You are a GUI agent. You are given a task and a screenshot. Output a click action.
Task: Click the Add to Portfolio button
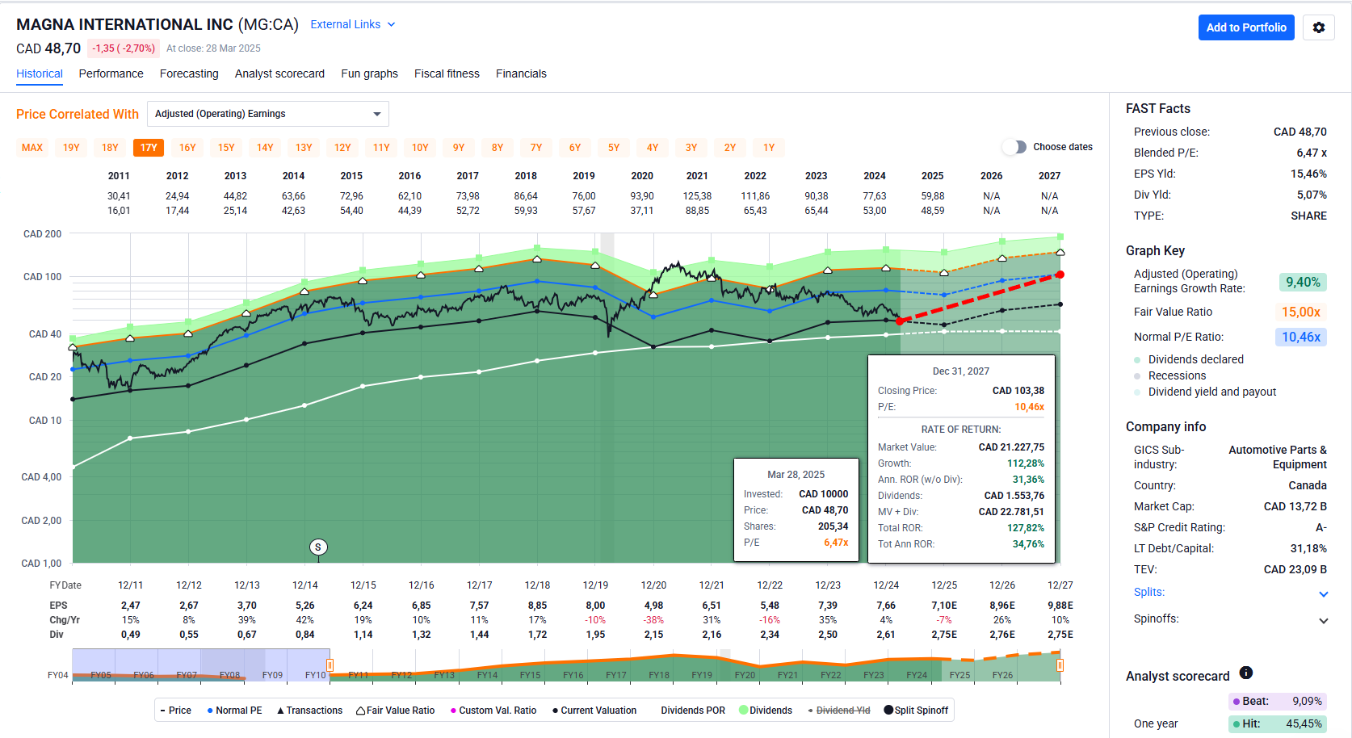1246,27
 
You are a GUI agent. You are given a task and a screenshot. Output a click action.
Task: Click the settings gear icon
1319,27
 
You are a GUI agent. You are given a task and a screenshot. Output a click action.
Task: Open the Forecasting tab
189,73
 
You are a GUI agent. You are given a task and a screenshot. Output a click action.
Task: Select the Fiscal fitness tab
447,73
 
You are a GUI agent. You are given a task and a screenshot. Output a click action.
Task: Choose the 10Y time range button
420,148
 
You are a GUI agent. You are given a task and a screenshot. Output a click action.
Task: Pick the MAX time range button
32,148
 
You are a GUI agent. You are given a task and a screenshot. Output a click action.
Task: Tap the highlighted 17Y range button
149,148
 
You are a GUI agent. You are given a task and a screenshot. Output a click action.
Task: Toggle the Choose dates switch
1014,147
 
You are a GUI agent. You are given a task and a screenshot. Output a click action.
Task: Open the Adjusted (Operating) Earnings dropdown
268,114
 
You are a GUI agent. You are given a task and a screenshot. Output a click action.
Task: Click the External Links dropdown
353,24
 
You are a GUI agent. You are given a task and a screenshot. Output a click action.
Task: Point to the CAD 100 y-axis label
43,277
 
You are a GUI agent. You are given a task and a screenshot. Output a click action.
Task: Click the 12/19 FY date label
595,585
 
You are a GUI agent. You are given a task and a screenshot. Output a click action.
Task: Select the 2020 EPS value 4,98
653,606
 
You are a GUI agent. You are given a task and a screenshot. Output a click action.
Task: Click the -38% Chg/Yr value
653,620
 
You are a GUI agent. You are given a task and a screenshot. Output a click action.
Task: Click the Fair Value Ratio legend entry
396,711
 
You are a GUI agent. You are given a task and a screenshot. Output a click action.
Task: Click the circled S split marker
318,547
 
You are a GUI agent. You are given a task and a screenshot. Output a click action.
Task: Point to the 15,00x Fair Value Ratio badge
1300,312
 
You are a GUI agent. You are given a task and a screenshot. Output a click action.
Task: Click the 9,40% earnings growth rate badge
1303,282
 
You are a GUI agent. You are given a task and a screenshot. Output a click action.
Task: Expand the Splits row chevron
1323,594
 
